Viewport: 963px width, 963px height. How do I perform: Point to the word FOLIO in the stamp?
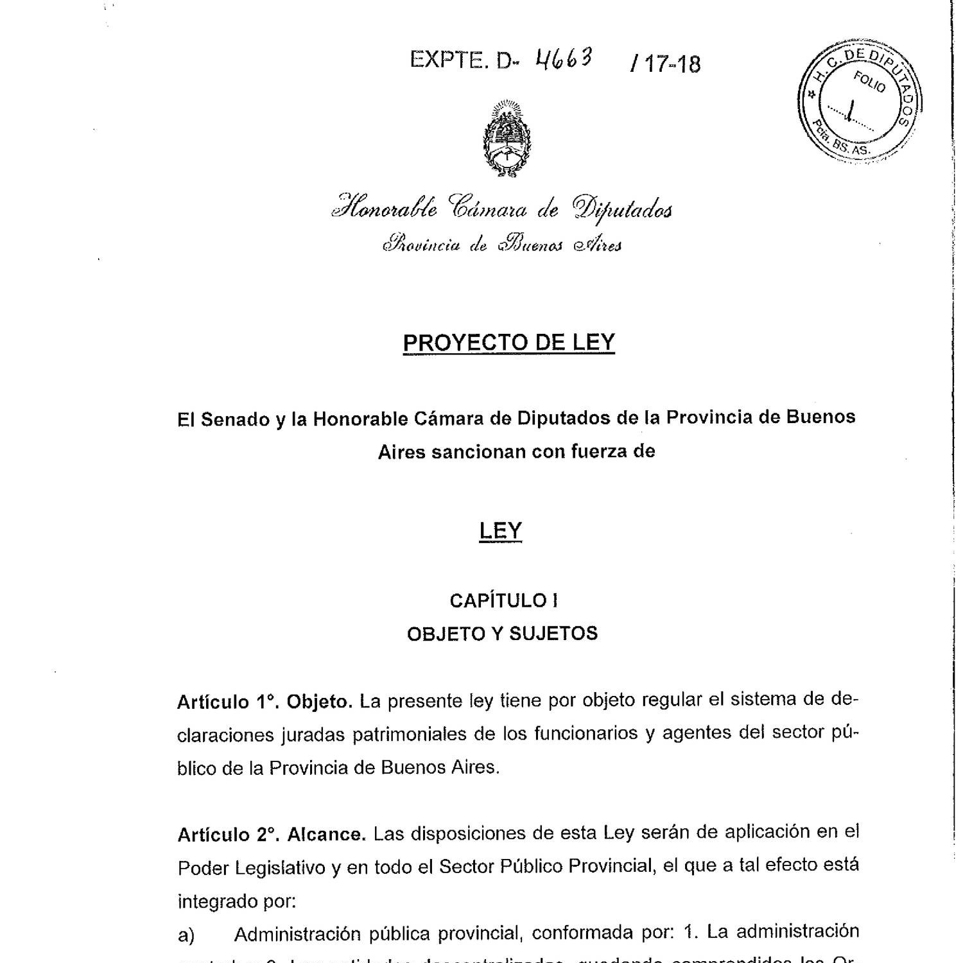(869, 83)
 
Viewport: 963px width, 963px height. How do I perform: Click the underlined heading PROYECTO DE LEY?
(508, 343)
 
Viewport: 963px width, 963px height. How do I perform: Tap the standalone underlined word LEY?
(501, 531)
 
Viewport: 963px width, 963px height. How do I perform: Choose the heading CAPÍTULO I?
(503, 601)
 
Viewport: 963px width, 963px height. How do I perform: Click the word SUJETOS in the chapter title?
(553, 634)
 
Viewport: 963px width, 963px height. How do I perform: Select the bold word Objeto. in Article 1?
(320, 702)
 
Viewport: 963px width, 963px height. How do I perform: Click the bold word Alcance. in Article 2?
(327, 835)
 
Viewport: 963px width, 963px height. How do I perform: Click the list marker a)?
(186, 936)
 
